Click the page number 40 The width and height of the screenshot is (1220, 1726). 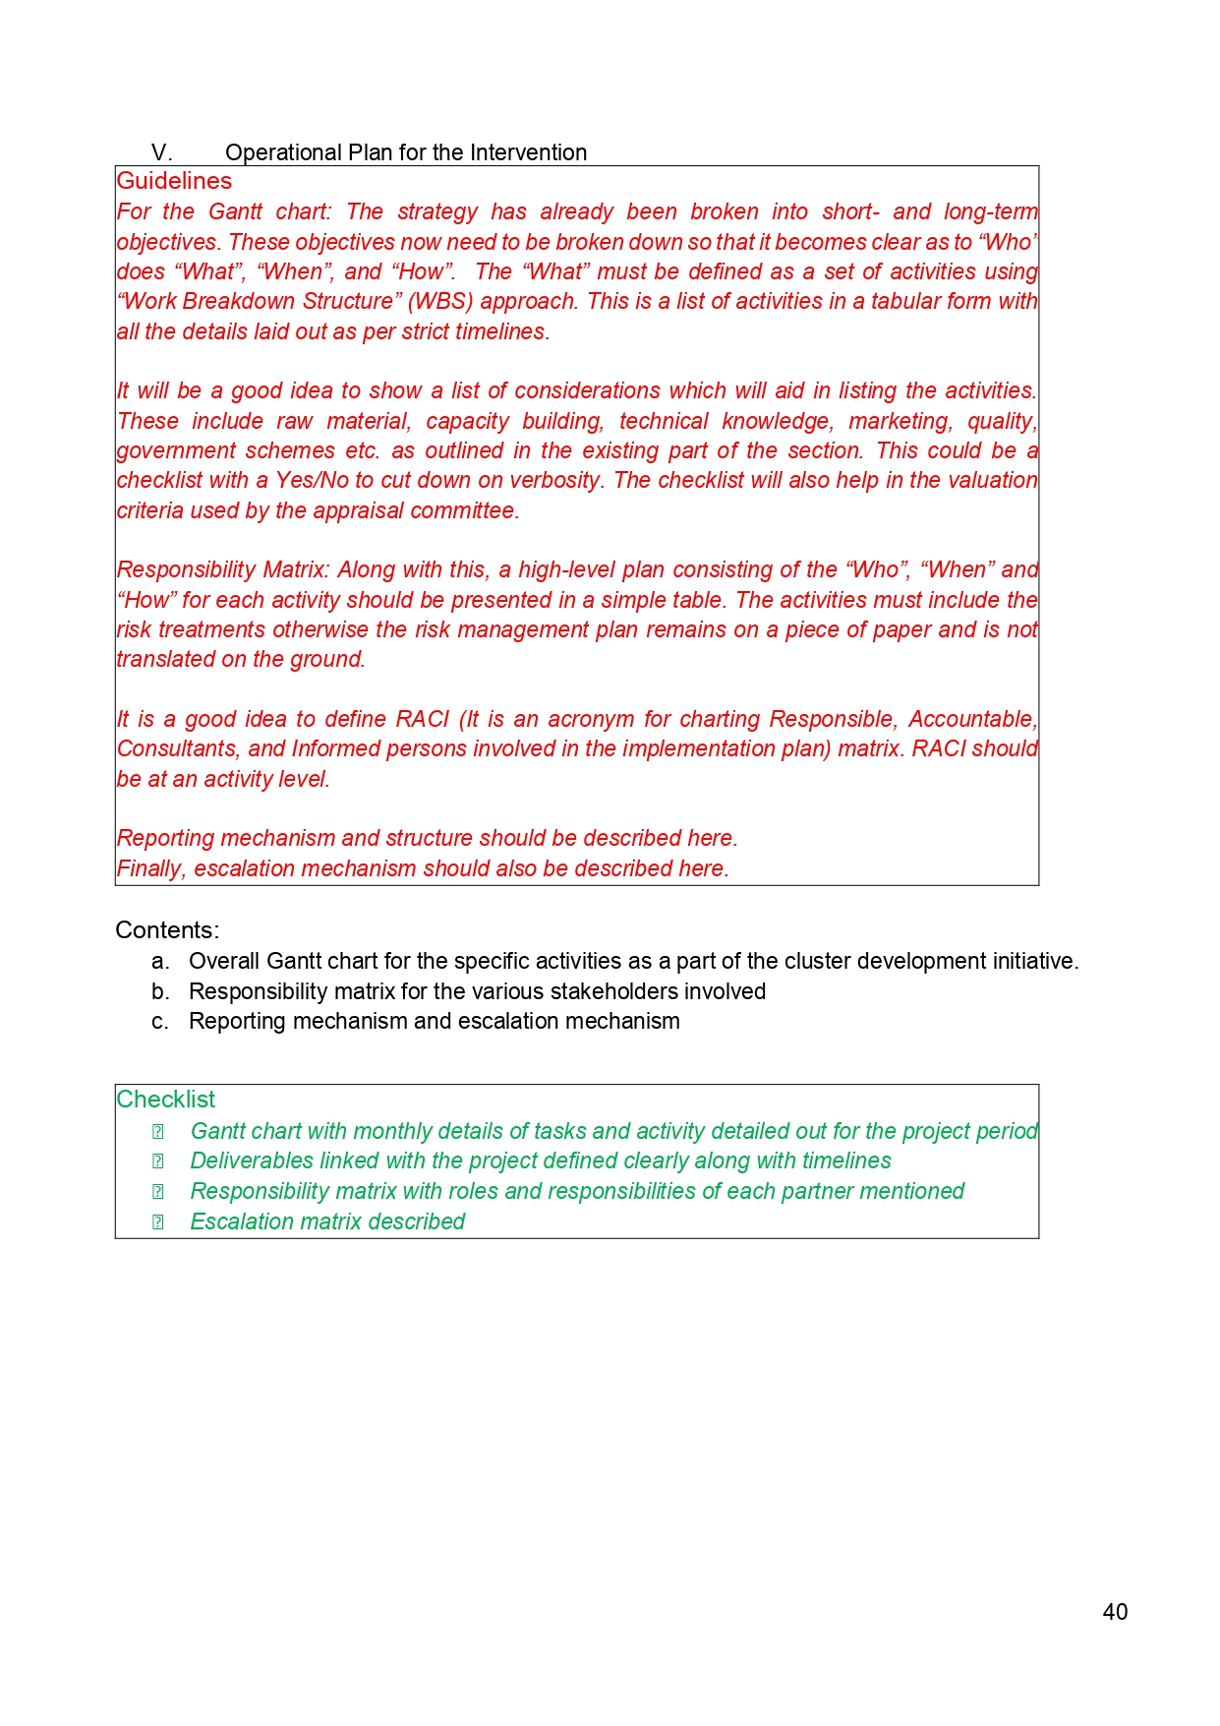1115,1612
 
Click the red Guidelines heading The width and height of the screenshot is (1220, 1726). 174,181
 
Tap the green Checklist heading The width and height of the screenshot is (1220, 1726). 165,1100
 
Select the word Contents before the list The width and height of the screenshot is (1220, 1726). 165,930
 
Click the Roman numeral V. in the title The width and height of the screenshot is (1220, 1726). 161,152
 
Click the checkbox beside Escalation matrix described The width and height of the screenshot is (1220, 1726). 157,1222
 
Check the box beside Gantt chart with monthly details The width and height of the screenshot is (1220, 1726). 157,1132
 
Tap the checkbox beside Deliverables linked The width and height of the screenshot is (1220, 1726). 157,1161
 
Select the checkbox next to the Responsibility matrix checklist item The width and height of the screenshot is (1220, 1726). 157,1192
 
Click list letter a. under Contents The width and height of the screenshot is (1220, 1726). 160,962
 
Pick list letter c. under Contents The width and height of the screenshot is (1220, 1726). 160,1022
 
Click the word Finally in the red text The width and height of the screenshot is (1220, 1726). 151,869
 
